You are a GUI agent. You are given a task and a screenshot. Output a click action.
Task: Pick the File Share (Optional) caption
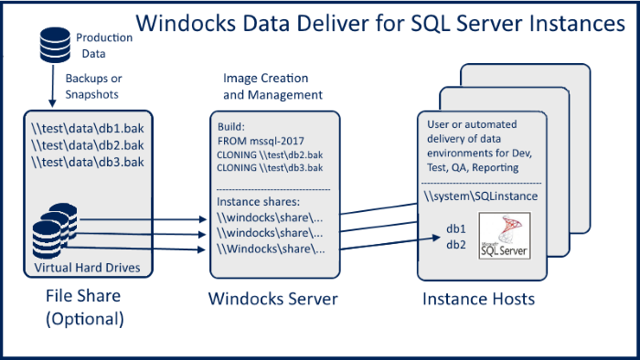point(83,308)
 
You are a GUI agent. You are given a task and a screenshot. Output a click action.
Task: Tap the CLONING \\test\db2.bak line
point(269,155)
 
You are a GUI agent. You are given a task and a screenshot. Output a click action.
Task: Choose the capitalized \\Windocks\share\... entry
point(270,249)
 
